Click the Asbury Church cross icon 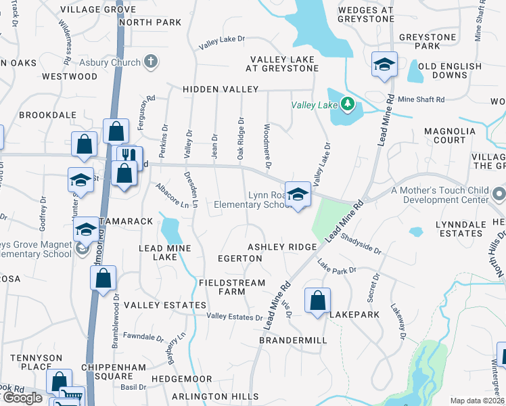[150, 62]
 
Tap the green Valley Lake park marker [348, 104]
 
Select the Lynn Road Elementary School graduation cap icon [297, 195]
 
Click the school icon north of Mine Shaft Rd [384, 66]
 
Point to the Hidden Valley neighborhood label [220, 89]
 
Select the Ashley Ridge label [281, 248]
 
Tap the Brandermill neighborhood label [293, 340]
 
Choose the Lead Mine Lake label [165, 252]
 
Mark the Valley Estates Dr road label [235, 317]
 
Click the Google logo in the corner [22, 398]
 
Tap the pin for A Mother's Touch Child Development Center [499, 195]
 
